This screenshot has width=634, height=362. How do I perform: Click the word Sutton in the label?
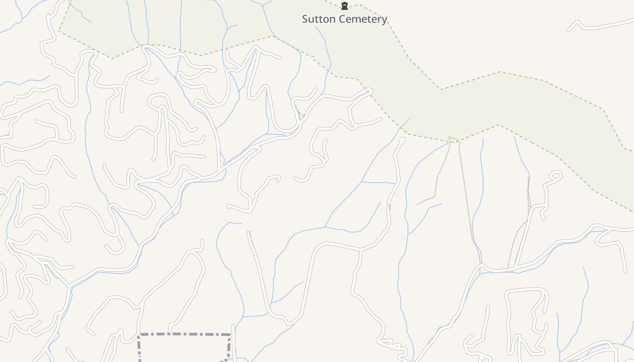(x=318, y=19)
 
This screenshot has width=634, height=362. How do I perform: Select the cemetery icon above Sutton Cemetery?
(x=345, y=6)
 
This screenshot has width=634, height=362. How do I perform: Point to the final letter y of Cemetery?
(x=384, y=20)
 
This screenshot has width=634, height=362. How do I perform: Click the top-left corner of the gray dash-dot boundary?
(x=139, y=335)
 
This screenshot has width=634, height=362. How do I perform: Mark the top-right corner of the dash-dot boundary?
(x=230, y=335)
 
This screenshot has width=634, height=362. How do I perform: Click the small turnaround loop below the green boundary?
(x=556, y=175)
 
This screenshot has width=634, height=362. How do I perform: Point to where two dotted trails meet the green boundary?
(x=453, y=139)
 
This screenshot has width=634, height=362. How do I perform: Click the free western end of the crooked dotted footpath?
(x=418, y=205)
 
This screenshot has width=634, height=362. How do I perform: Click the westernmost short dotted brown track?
(x=250, y=238)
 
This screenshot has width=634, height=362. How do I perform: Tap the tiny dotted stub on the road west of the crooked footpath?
(x=389, y=207)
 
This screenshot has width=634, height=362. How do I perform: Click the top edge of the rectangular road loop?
(x=525, y=290)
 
